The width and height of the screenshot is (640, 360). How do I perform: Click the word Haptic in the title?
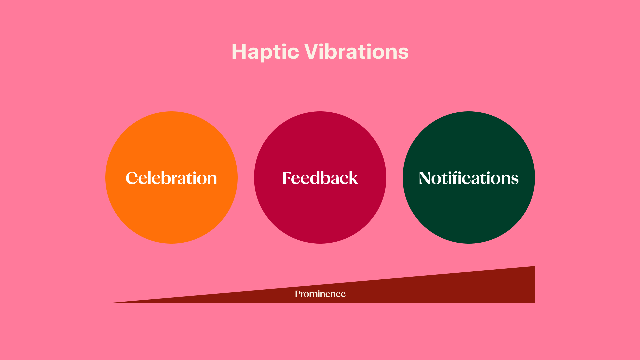pyautogui.click(x=265, y=52)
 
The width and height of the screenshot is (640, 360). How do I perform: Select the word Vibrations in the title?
pyautogui.click(x=356, y=52)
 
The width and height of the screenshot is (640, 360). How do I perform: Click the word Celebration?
pyautogui.click(x=171, y=178)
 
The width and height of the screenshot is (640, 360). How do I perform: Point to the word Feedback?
pyautogui.click(x=320, y=178)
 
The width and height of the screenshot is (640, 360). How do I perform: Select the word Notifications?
pyautogui.click(x=469, y=178)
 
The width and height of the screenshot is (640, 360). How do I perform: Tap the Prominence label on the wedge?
pyautogui.click(x=320, y=294)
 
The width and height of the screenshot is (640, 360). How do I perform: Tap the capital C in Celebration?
pyautogui.click(x=132, y=178)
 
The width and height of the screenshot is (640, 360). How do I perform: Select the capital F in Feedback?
pyautogui.click(x=287, y=178)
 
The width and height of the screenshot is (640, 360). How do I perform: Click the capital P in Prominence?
pyautogui.click(x=298, y=294)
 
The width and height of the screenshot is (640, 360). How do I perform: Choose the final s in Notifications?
pyautogui.click(x=514, y=179)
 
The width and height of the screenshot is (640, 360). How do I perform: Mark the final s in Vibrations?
pyautogui.click(x=404, y=53)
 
